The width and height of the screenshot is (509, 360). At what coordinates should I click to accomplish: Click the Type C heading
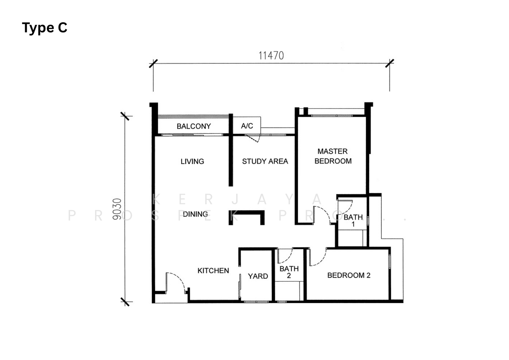[x=44, y=28]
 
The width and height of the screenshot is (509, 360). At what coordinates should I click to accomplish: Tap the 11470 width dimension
[x=271, y=56]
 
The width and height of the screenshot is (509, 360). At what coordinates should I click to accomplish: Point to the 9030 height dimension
[x=117, y=209]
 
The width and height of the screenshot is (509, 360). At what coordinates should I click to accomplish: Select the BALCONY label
[x=194, y=126]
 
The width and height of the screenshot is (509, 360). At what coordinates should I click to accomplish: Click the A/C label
[x=247, y=126]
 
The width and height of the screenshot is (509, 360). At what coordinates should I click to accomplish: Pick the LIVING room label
[x=192, y=162]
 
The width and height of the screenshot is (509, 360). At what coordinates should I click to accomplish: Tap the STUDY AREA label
[x=265, y=162]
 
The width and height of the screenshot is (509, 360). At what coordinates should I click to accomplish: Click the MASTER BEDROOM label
[x=333, y=156]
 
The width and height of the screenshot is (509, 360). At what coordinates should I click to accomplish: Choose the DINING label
[x=195, y=214]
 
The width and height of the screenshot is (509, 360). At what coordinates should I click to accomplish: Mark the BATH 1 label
[x=353, y=221]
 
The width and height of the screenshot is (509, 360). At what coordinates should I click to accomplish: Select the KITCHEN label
[x=213, y=271]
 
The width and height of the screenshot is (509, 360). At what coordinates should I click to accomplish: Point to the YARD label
[x=258, y=276]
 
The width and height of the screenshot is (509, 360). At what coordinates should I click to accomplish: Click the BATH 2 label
[x=289, y=272]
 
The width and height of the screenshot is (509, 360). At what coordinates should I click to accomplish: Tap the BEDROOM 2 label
[x=349, y=276]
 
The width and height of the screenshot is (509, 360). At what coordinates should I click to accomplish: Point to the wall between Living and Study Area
[x=231, y=150]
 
